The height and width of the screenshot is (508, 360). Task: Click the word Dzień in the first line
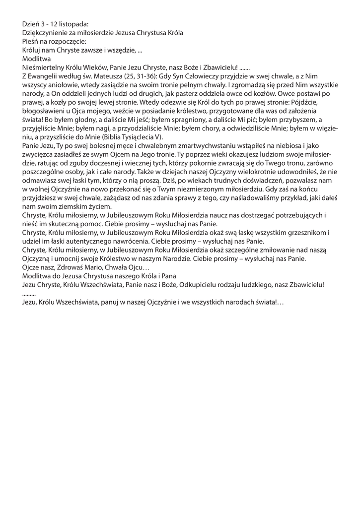tap(31, 24)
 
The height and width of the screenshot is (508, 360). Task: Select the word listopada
tap(75, 24)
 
